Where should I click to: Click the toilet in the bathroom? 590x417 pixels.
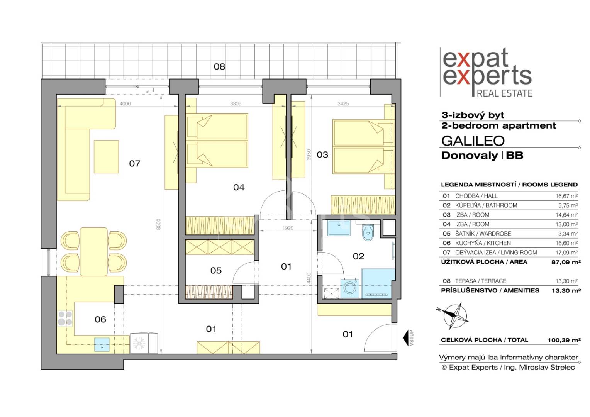click(x=368, y=232)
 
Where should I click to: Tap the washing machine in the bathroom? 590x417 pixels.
click(x=350, y=288)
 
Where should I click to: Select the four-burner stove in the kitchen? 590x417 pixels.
click(x=65, y=318)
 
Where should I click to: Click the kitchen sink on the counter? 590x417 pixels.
click(x=102, y=345)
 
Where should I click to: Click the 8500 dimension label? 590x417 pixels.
click(x=158, y=224)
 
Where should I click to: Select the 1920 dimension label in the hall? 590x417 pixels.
click(x=288, y=228)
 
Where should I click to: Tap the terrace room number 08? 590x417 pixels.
click(x=219, y=66)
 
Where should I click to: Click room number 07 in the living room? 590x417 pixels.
click(x=135, y=164)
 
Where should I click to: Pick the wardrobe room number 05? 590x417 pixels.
click(x=216, y=270)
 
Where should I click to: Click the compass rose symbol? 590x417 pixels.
click(x=454, y=316)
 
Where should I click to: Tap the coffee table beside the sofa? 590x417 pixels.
click(x=106, y=156)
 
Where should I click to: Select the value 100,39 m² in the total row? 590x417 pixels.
click(x=564, y=340)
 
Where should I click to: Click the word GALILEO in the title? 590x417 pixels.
click(x=473, y=141)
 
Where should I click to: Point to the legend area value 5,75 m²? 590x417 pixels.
click(x=568, y=205)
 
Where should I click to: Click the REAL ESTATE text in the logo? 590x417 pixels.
click(x=505, y=93)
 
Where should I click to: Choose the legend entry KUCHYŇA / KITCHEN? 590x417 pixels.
click(x=483, y=243)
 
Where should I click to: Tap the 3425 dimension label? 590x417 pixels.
click(x=343, y=104)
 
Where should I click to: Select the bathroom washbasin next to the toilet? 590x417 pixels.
click(x=339, y=228)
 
